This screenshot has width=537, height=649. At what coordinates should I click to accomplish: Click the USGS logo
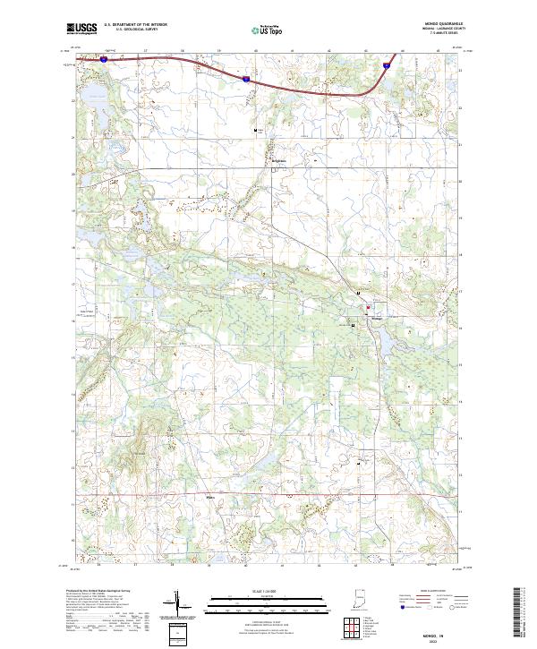coord(82,29)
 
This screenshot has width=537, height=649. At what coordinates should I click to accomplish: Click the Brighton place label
coord(277,161)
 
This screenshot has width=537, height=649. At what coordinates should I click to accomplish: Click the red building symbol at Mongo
coord(365,309)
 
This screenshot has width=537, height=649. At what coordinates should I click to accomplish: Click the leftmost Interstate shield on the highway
coord(104,59)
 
